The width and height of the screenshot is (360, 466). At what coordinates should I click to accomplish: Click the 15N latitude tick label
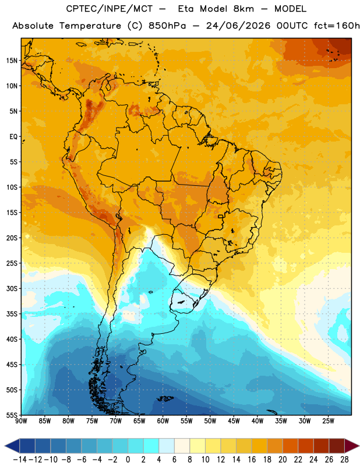point(12,61)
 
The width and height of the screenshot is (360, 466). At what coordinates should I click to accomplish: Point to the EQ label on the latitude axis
point(13,137)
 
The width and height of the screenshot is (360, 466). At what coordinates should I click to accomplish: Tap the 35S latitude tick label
point(12,314)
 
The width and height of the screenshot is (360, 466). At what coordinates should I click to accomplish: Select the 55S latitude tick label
point(12,415)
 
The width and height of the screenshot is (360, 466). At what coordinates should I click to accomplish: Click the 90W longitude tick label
point(22,421)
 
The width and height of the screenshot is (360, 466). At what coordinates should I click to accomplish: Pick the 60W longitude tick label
point(163,421)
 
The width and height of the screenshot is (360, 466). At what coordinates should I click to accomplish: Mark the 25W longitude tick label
point(328,421)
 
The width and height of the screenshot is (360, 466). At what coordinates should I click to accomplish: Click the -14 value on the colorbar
point(20,460)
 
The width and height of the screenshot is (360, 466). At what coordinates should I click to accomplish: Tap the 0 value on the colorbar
point(128,460)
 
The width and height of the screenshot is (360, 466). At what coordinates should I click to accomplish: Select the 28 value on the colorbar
point(344,460)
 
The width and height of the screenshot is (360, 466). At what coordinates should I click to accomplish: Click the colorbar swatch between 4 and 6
point(167,446)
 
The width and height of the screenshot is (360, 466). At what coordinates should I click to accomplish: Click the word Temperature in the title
point(90,26)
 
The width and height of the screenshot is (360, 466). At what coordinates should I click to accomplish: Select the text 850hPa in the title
point(167,26)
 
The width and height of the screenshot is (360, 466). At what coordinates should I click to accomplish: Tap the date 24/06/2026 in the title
point(238,26)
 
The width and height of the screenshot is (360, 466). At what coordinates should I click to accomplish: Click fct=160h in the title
point(337,26)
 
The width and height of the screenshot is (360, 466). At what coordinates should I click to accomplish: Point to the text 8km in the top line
point(243,9)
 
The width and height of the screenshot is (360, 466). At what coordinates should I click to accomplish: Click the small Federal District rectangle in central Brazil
point(221,216)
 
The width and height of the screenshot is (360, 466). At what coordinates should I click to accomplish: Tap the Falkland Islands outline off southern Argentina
point(165,398)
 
